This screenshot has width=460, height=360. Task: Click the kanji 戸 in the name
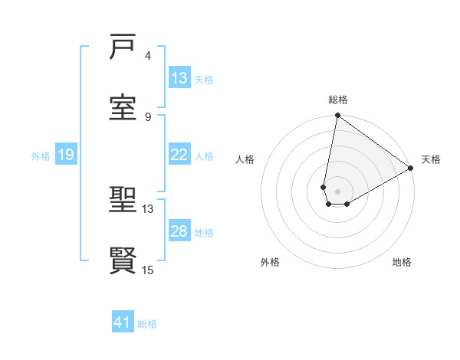tap(123, 48)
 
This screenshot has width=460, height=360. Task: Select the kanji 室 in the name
tap(123, 108)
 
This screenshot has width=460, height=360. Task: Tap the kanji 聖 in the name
tap(123, 201)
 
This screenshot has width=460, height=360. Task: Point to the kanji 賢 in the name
tap(123, 260)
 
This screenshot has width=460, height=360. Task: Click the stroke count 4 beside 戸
tap(148, 56)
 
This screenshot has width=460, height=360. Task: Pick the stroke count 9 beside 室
tap(148, 116)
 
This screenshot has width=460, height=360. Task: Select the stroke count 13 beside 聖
tap(148, 208)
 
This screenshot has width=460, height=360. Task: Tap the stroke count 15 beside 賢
tap(148, 269)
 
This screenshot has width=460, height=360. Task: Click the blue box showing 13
tap(179, 78)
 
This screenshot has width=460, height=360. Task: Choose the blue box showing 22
tap(179, 155)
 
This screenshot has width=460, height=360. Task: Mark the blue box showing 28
tap(179, 231)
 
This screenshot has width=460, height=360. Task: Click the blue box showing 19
tap(66, 155)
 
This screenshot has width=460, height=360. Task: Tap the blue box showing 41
tap(123, 322)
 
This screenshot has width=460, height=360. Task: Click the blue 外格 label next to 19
tap(41, 155)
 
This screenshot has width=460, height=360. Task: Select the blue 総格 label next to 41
tap(147, 323)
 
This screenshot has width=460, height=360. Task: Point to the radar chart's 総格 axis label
tap(338, 100)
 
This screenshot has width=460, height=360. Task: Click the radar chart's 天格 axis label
tap(431, 159)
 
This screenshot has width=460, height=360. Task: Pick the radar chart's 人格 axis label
tap(245, 159)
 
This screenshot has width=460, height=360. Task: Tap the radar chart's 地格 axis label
tap(402, 262)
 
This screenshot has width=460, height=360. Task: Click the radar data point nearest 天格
tap(411, 169)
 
